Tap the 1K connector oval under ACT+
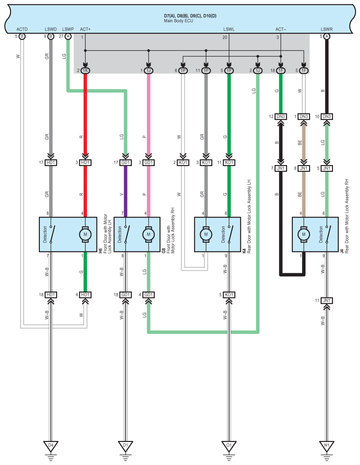(85, 70)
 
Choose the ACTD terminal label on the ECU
(22, 29)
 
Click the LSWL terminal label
(229, 29)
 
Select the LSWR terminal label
(326, 29)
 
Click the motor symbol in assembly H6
(85, 234)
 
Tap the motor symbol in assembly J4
(303, 234)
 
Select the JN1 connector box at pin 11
(326, 301)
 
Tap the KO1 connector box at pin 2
(183, 163)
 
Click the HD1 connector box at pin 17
(51, 163)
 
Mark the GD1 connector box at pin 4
(148, 294)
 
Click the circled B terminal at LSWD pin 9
(50, 36)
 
